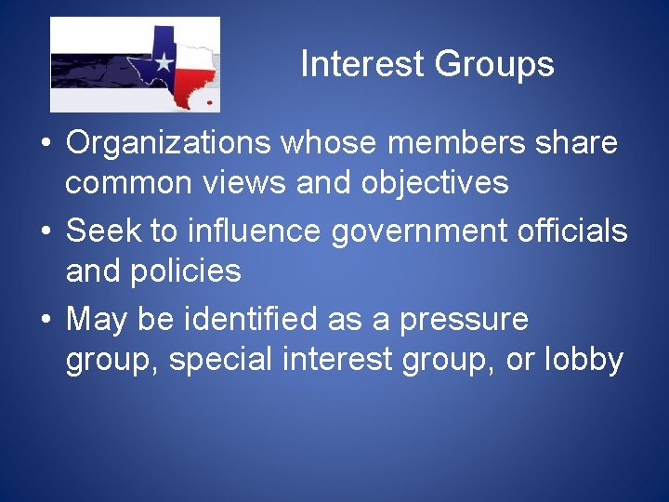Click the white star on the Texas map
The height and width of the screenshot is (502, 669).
(x=164, y=64)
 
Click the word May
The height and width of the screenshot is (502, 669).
(x=100, y=319)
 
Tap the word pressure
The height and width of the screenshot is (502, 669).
(x=464, y=319)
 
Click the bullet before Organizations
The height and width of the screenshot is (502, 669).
(x=44, y=145)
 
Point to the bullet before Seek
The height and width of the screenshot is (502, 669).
(x=44, y=231)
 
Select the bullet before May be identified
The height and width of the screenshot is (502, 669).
(x=44, y=321)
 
